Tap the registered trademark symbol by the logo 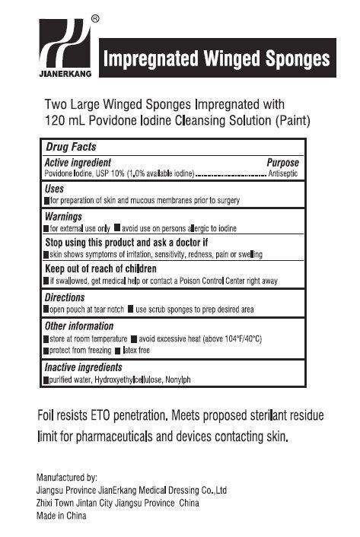click(x=94, y=17)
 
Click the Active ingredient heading click(x=78, y=163)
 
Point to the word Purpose click(x=282, y=163)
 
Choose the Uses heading click(x=54, y=189)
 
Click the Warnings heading click(x=63, y=216)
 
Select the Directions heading click(x=65, y=297)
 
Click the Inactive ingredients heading click(x=84, y=367)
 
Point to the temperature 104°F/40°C click(x=236, y=338)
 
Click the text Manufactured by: click(x=67, y=477)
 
